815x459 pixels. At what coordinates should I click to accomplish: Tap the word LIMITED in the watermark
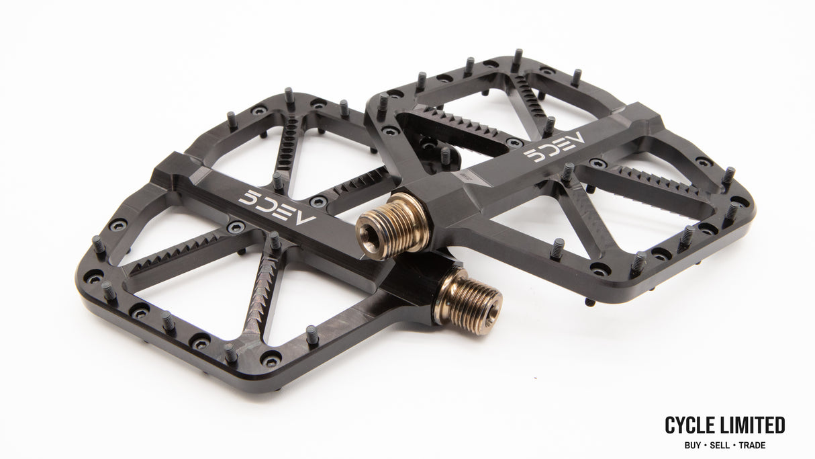coord(753,425)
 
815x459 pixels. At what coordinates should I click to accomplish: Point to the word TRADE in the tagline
coord(753,445)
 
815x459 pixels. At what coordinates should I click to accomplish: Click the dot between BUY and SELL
coord(707,445)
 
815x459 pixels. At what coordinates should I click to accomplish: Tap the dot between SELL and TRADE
coord(737,445)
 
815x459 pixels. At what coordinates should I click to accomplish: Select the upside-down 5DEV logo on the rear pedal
coord(555,147)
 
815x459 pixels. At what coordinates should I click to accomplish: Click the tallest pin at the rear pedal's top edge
coord(517,60)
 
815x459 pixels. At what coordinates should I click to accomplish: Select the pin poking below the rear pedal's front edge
coord(589,302)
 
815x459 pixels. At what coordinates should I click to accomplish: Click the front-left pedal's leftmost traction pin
coord(98,245)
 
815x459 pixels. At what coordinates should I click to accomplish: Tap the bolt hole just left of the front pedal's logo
coord(236,227)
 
